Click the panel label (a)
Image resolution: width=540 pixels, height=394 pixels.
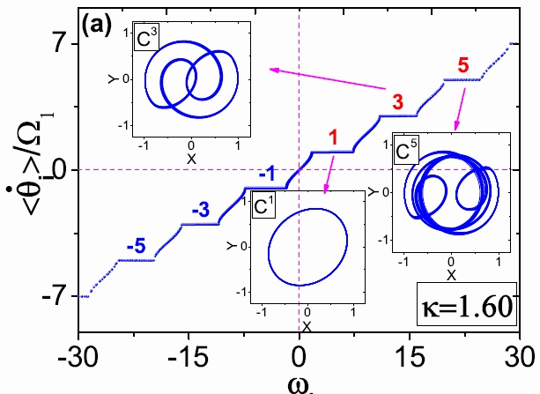click(x=96, y=26)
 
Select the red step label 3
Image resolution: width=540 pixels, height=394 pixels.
click(x=397, y=101)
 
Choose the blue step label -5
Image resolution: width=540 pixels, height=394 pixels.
click(x=136, y=247)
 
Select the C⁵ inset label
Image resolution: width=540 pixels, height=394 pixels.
click(x=406, y=152)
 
